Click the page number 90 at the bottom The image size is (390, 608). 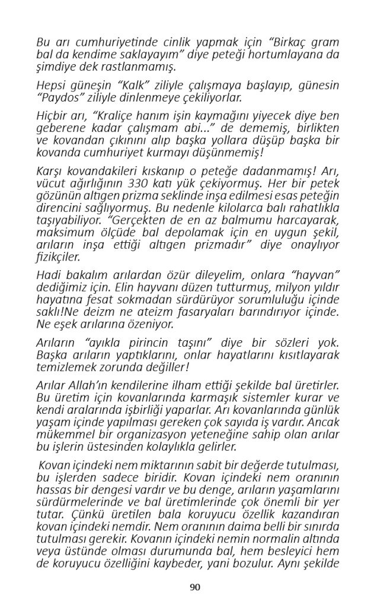point(195,587)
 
